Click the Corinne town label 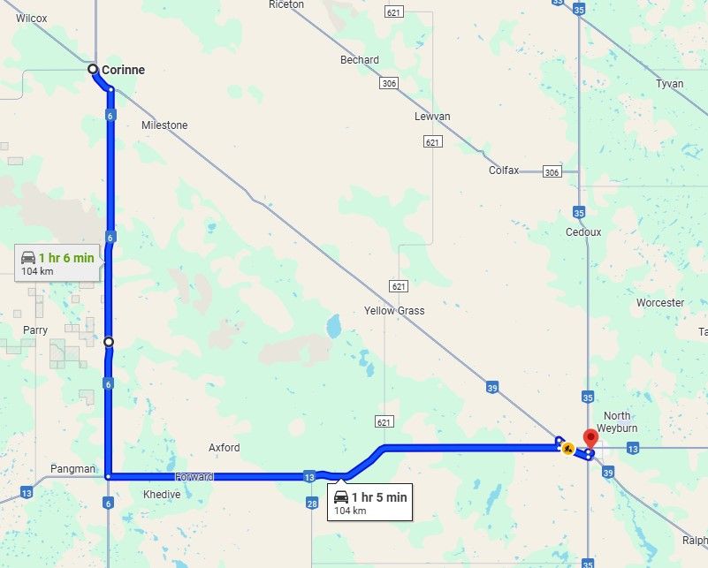(x=123, y=70)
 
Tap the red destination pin (x=590, y=437)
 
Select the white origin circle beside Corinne (x=93, y=69)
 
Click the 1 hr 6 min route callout (x=59, y=263)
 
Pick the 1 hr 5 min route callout (x=370, y=503)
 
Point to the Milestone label (x=164, y=125)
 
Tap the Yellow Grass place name (x=394, y=311)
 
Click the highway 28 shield (x=311, y=503)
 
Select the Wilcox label (x=31, y=18)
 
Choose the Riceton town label (x=285, y=4)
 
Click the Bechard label (x=360, y=60)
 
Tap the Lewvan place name (x=432, y=117)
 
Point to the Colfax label (x=504, y=170)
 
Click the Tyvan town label (x=670, y=84)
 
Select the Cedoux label (x=583, y=232)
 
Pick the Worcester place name (x=660, y=303)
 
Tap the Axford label (x=224, y=448)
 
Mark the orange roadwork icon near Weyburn (x=568, y=449)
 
